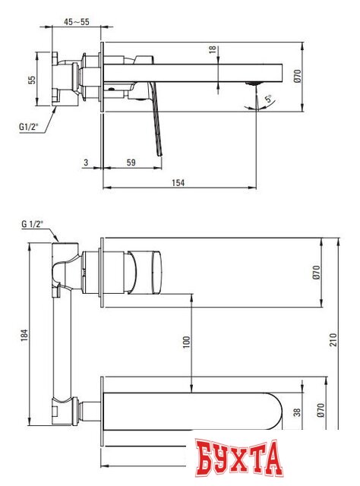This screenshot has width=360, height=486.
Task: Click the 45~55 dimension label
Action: click(76, 22)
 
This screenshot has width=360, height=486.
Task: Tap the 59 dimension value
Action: click(131, 162)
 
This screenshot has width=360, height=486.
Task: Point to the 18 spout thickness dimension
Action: click(213, 51)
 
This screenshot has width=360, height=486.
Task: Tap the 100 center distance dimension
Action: click(186, 342)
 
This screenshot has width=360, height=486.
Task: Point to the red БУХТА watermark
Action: click(237, 459)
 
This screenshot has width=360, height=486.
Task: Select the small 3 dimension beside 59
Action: click(87, 162)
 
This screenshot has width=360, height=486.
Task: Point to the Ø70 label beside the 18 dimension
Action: click(297, 77)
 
